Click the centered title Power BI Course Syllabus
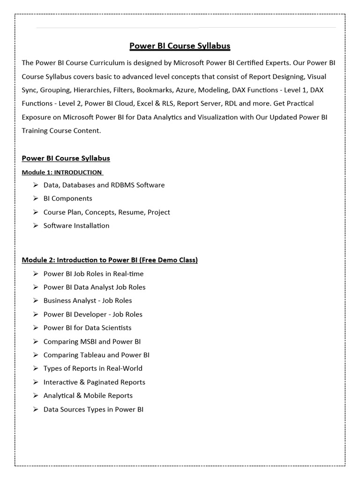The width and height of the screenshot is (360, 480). coord(180,46)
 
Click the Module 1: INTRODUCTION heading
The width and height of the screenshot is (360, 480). coord(62,172)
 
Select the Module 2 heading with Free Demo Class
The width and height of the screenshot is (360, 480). coord(110,260)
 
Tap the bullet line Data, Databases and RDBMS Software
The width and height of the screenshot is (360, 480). coord(104,185)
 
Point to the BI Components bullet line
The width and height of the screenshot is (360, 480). coord(68,198)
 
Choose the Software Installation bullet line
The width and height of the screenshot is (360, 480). coord(76,225)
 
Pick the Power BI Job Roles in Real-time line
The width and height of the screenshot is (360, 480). coord(94,274)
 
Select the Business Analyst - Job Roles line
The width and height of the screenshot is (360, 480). coord(88,300)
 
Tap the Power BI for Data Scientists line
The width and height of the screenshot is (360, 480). coord(88,328)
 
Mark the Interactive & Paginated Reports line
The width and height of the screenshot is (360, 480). coord(94,382)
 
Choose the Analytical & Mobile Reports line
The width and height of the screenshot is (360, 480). coord(88,395)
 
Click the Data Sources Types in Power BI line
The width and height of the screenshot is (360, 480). coord(93,409)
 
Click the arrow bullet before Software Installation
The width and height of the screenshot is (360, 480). coord(36,225)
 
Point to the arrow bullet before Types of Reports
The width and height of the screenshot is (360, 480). coord(36,368)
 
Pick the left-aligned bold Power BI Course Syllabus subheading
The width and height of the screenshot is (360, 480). coord(66,158)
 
